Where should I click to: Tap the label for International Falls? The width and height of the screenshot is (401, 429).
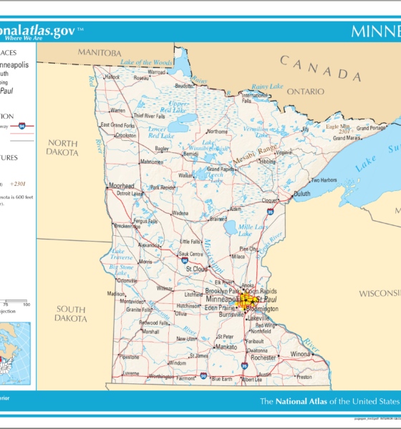[x=253, y=97]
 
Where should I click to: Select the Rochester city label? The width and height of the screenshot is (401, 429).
[x=263, y=357]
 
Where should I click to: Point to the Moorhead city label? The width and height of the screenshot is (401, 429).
[x=121, y=186]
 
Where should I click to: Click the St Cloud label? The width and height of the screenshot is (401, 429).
[x=197, y=270]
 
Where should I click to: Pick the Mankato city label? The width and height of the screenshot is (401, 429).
[x=226, y=347]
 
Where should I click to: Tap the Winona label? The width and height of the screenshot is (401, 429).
[x=300, y=354]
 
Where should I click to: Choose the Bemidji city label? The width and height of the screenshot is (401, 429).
[x=190, y=154]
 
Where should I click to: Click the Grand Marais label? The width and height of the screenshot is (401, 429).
[x=372, y=129]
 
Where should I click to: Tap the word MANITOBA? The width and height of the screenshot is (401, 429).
[x=100, y=53]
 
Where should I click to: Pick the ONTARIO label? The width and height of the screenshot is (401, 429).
[x=306, y=92]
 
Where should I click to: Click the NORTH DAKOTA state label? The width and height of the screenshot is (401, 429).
[x=62, y=147]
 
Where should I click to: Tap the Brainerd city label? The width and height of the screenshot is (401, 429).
[x=218, y=220]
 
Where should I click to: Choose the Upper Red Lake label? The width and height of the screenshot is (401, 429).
[x=178, y=107]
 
